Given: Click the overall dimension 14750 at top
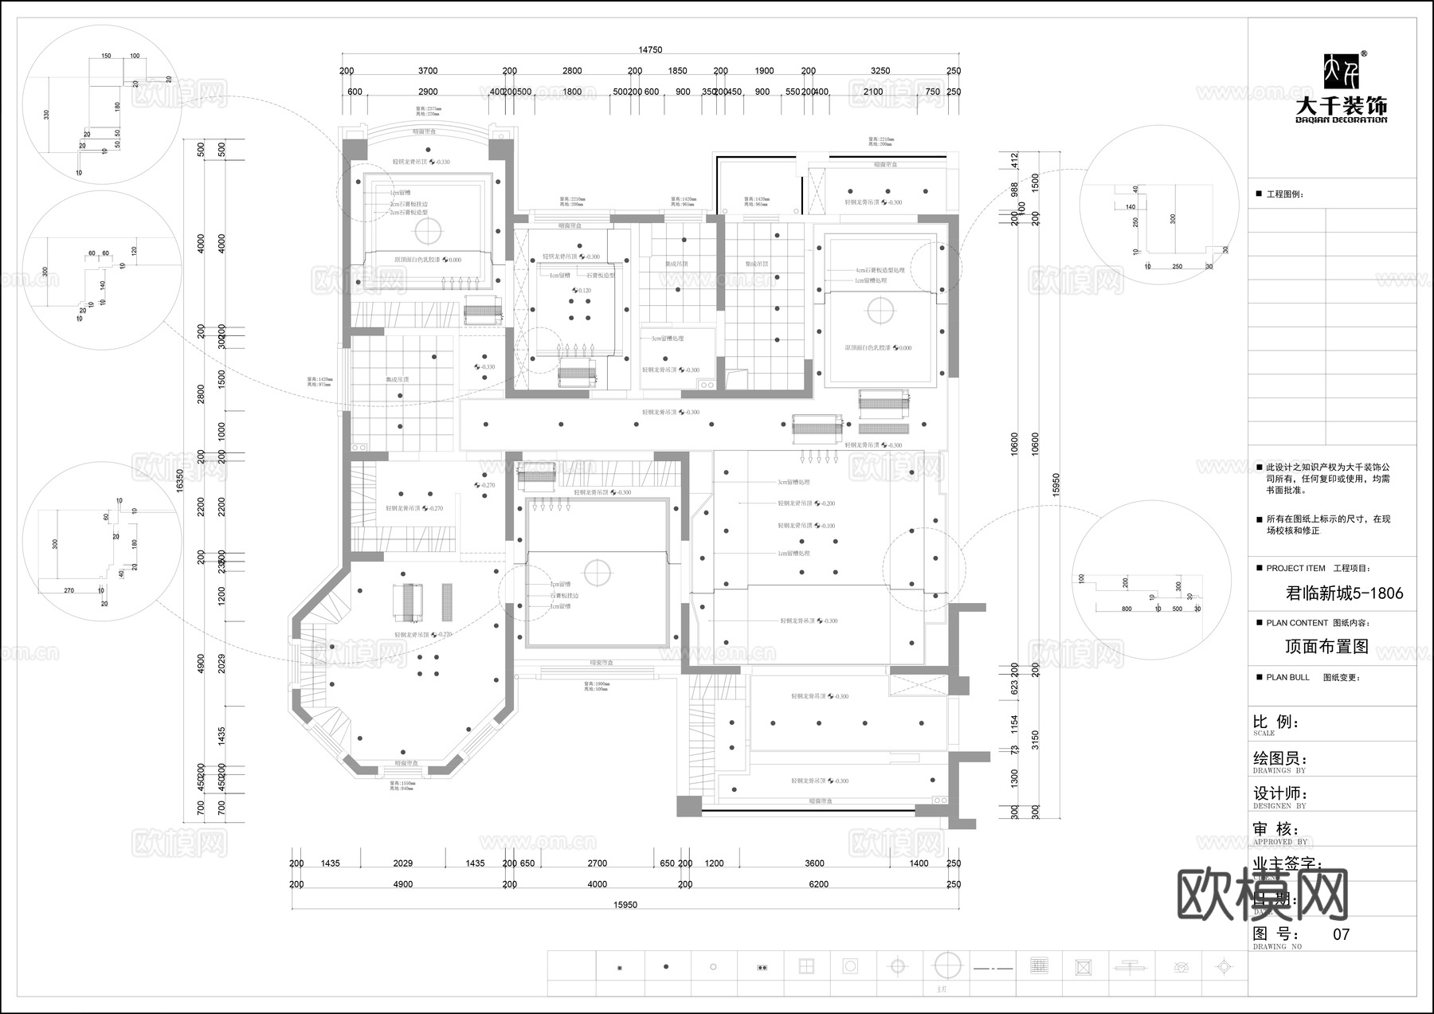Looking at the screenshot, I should click(650, 50).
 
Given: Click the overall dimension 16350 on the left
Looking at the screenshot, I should click(179, 478).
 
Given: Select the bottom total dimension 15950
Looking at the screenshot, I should click(625, 904).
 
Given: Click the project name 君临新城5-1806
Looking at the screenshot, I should click(1345, 593).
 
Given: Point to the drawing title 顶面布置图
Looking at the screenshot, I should click(1327, 646).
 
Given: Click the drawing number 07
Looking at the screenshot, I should click(1342, 934).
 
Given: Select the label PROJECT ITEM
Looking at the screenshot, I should click(1295, 569).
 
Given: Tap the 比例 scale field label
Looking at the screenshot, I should click(1275, 722).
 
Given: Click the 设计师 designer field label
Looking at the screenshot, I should click(1280, 793).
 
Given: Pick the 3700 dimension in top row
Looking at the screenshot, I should click(428, 71).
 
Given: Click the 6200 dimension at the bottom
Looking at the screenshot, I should click(818, 884).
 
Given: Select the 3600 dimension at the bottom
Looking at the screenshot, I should click(814, 863).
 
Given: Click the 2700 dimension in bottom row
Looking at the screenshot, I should click(597, 863).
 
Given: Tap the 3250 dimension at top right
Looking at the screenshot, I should click(880, 71).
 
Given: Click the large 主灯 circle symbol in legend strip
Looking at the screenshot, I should click(947, 965).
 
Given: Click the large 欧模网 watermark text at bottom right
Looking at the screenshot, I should click(1262, 895).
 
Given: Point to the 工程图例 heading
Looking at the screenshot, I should click(1284, 194).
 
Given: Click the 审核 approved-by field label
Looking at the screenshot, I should click(1275, 829).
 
